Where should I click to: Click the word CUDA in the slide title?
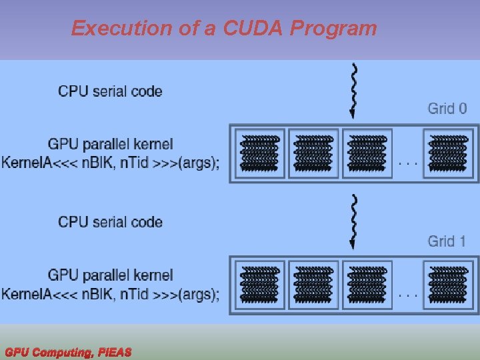254,28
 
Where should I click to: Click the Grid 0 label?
447,108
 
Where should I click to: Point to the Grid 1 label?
447,241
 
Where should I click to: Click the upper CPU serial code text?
110,91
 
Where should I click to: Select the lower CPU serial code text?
110,222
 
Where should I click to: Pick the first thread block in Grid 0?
260,153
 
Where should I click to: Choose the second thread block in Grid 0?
313,153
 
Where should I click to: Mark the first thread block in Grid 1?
260,285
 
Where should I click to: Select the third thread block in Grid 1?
367,285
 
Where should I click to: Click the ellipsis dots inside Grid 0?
407,162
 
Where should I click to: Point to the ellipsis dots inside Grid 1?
407,293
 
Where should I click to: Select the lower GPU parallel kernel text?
110,275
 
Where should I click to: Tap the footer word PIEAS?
114,352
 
